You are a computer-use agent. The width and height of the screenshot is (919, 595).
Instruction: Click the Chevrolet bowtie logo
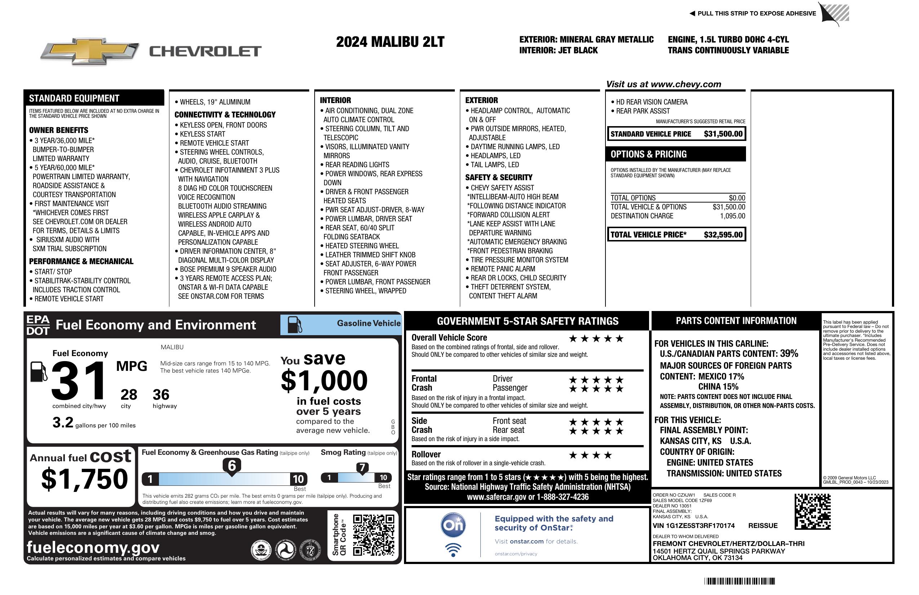tap(90, 51)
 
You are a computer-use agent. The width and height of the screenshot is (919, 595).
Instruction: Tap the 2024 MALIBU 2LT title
tap(390, 42)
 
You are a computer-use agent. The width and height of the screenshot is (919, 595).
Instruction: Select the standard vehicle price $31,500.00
tap(723, 134)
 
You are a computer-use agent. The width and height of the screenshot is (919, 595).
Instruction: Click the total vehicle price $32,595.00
tap(723, 235)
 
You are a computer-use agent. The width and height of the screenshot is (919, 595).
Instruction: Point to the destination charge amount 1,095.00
tap(732, 216)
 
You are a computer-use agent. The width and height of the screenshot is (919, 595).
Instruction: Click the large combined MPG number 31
tap(79, 381)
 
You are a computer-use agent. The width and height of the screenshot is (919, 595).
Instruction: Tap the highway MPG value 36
tap(161, 395)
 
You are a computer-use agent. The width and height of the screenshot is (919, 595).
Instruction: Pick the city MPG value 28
tap(129, 395)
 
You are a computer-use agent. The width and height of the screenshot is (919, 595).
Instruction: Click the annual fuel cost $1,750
tap(85, 479)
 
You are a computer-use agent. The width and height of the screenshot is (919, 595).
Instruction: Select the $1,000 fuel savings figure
tap(324, 381)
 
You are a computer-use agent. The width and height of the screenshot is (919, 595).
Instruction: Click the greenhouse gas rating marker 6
tap(232, 466)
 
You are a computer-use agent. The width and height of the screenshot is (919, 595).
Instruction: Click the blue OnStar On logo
tap(453, 525)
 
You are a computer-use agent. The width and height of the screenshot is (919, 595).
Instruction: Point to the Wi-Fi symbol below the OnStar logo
tap(453, 550)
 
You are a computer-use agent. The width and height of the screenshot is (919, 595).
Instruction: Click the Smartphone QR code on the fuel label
tap(373, 535)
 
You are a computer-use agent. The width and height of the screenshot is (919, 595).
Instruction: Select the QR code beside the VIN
tap(812, 511)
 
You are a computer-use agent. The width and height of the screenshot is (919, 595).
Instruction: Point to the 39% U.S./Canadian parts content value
tap(789, 353)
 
